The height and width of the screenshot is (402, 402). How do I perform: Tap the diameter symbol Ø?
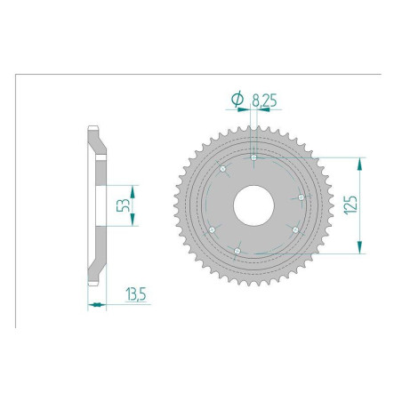click(x=237, y=101)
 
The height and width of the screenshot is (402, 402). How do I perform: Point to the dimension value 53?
click(x=125, y=206)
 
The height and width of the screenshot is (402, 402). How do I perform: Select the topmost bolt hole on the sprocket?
click(x=254, y=158)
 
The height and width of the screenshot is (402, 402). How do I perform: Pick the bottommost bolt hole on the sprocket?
click(x=238, y=252)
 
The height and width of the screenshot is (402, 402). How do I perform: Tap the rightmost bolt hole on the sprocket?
click(x=301, y=197)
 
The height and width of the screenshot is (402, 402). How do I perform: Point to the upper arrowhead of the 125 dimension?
click(x=360, y=163)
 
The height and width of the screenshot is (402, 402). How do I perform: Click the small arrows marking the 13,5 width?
click(x=97, y=305)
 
